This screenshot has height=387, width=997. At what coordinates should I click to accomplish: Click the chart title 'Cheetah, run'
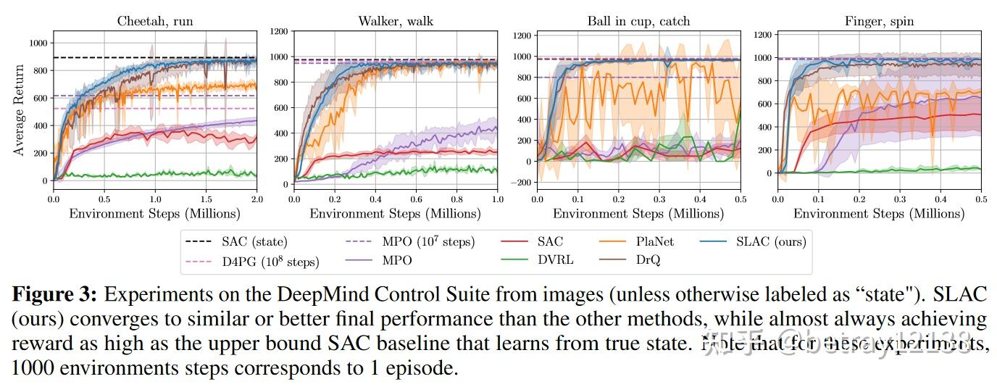tap(155, 21)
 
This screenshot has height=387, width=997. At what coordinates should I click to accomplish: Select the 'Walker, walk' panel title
tap(396, 21)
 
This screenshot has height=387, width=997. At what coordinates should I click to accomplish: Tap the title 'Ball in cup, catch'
tap(638, 21)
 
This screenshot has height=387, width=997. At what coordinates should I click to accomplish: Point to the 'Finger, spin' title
tap(879, 21)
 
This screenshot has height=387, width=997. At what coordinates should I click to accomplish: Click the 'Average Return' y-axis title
tap(20, 109)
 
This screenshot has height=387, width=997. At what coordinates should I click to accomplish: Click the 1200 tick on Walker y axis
tap(279, 32)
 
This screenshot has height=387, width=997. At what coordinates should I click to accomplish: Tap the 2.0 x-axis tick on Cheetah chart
tap(256, 199)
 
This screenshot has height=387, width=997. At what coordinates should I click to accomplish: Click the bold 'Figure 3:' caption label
tap(53, 295)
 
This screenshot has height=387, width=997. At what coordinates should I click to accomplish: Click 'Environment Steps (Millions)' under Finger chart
tap(879, 214)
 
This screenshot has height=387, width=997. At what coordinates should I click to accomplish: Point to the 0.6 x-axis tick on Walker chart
tap(416, 199)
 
